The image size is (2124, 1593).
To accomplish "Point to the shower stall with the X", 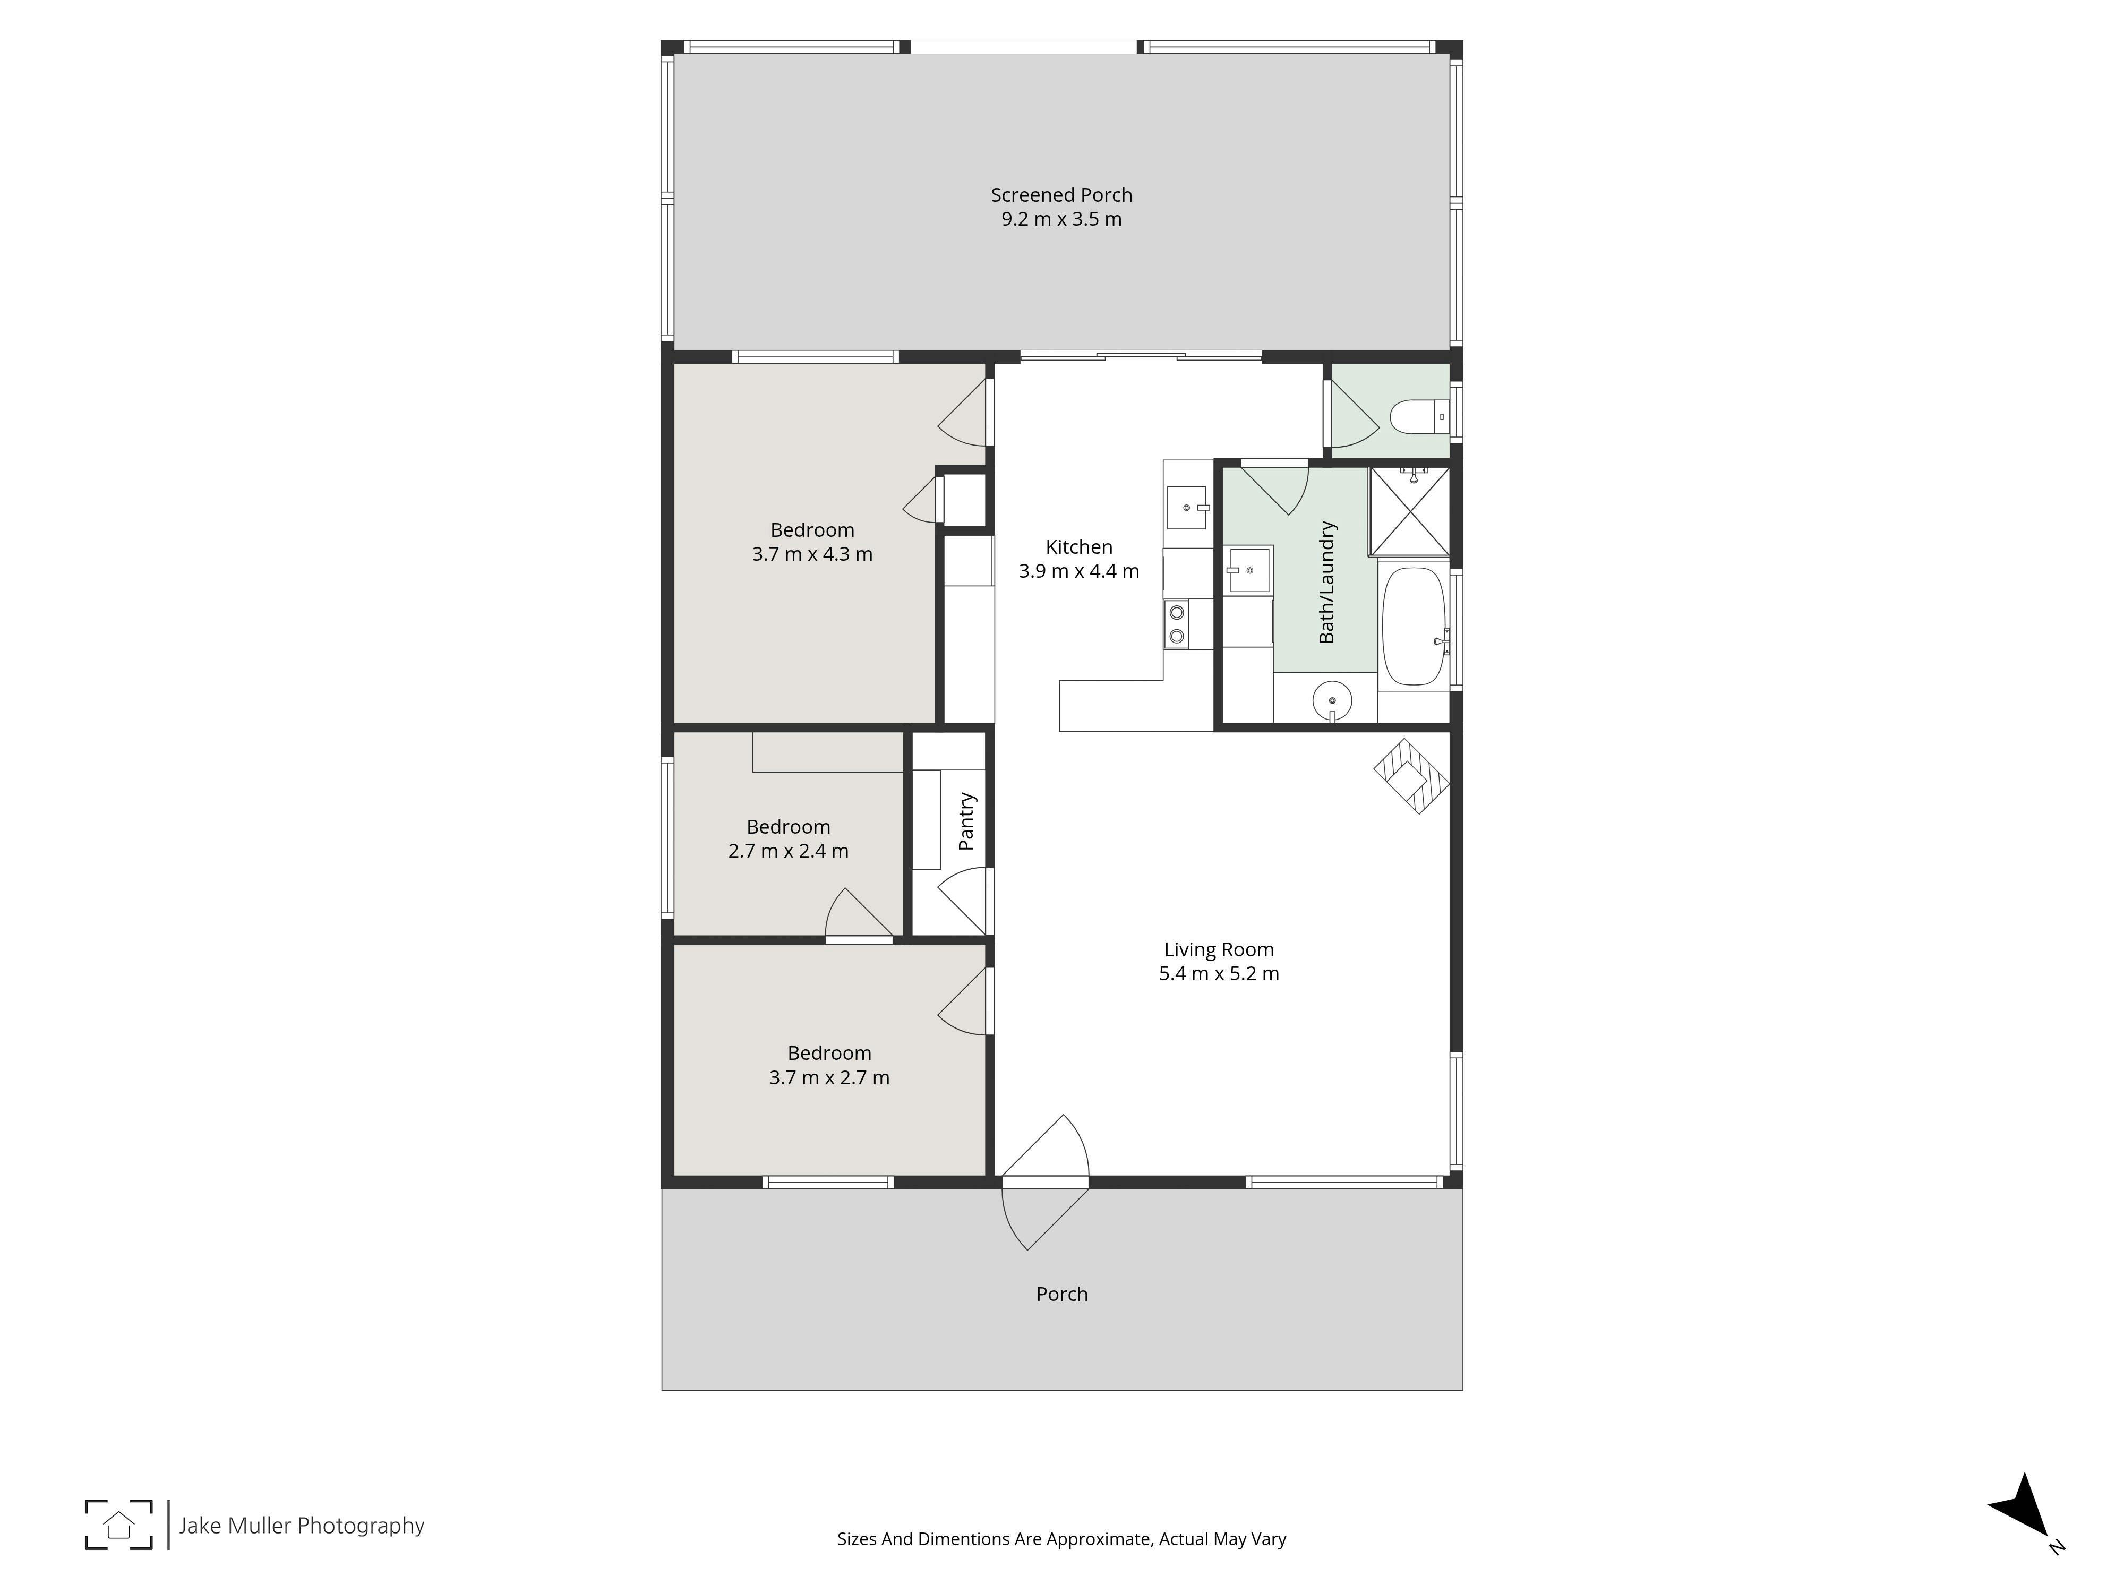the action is pos(1409,512).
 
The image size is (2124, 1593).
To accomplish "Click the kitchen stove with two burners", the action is pos(1175,624).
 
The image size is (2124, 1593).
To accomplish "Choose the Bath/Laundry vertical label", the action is pos(1327,582).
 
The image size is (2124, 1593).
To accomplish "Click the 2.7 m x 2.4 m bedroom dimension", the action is pos(789,851).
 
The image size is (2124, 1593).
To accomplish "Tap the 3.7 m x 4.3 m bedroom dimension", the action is pos(812,554).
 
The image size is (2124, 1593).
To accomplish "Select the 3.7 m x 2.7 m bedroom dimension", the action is pos(829,1077).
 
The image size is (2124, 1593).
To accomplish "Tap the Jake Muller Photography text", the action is pos(302,1526).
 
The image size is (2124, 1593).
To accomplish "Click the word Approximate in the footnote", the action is pos(1097,1539).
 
